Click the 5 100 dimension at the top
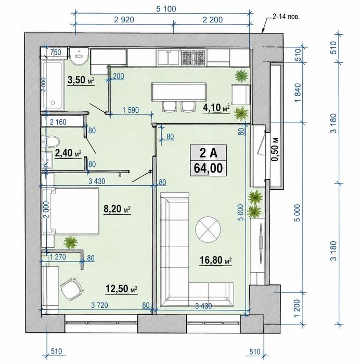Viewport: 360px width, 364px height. pos(166,9)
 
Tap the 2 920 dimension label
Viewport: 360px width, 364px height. pos(124,20)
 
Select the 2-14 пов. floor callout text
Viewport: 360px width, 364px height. pos(286,17)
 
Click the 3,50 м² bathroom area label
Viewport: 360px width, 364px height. pos(81,80)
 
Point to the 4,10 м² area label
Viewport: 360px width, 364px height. pos(216,108)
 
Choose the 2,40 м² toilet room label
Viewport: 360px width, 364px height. pos(68,153)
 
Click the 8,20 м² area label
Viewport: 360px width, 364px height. pos(117,209)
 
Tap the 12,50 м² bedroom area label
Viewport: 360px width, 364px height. pos(121,289)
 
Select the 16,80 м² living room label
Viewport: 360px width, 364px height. pos(216,260)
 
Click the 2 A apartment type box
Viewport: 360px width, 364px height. pos(208,152)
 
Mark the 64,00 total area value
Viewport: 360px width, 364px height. pos(208,168)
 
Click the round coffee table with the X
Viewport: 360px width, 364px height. pos(208,230)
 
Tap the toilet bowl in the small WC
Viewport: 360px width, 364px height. pos(52,141)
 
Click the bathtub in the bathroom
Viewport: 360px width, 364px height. pos(53,85)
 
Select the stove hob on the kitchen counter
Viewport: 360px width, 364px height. pos(193,58)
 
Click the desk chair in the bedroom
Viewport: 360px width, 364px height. pos(71,289)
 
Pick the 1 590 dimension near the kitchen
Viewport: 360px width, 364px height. pos(131,110)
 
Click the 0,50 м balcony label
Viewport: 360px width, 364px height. pos(275,149)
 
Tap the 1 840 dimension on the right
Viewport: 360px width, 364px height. pos(299,93)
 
